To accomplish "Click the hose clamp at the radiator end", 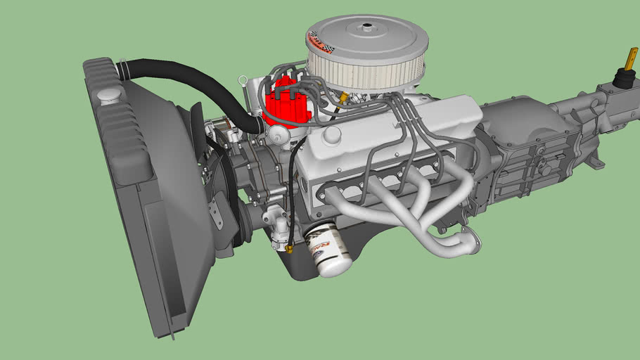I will pyautogui.click(x=122, y=68).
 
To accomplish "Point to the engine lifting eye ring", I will pyautogui.click(x=243, y=79).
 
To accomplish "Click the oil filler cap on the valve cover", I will pyautogui.click(x=331, y=133).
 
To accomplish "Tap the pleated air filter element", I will pyautogui.click(x=366, y=67).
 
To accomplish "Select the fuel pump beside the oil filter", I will pyautogui.click(x=279, y=221).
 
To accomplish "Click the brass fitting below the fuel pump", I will pyautogui.click(x=288, y=248).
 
